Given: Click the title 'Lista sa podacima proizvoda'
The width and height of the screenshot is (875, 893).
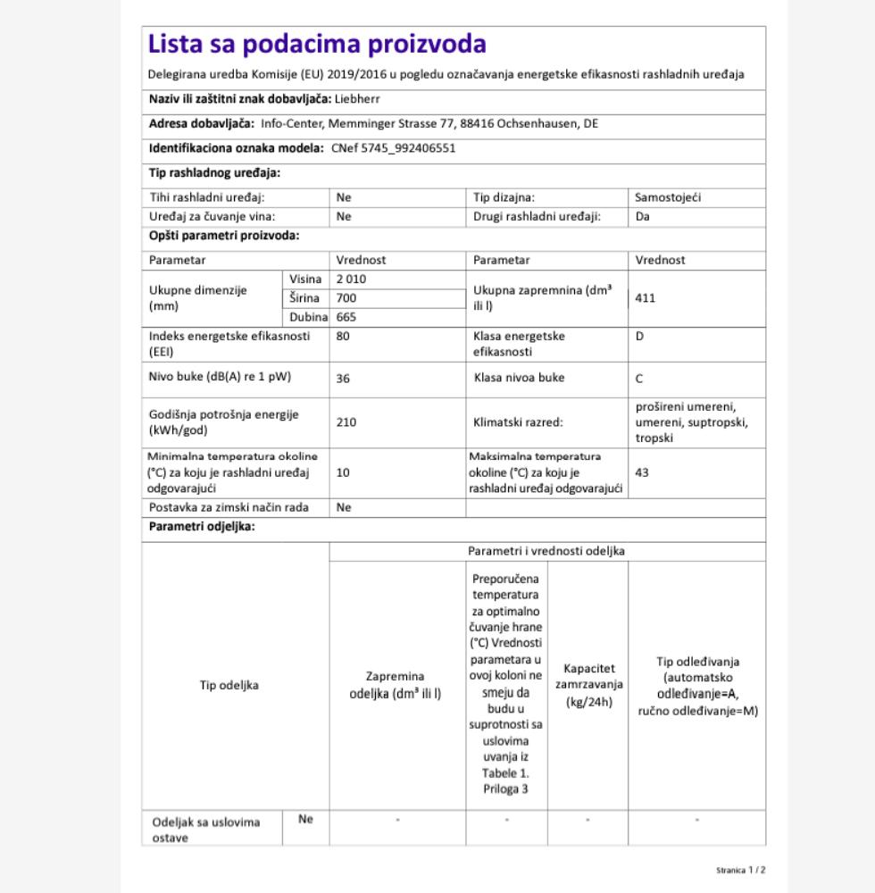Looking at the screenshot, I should (317, 44).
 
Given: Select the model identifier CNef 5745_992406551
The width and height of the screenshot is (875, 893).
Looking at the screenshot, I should (393, 148).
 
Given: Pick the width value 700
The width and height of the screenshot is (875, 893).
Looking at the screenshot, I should (346, 298).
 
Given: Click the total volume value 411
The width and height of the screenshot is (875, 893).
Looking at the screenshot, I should (645, 298).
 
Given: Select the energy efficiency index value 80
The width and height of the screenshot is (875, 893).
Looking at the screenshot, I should (344, 337).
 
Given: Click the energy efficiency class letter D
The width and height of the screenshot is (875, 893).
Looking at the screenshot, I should (639, 337).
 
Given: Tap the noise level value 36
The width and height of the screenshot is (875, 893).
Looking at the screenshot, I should (344, 379).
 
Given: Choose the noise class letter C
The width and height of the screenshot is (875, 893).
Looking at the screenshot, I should (639, 379).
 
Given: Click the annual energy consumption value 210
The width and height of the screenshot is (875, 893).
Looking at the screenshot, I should (346, 422).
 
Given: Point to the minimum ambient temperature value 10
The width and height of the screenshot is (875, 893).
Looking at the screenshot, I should (344, 472).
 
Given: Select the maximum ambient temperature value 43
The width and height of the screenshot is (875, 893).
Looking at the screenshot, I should (642, 472).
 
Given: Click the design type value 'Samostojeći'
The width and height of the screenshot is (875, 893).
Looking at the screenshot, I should (668, 197).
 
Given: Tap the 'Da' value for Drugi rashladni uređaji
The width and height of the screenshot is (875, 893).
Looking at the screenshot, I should (643, 216).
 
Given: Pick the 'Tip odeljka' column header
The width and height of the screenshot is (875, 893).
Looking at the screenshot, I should (229, 685).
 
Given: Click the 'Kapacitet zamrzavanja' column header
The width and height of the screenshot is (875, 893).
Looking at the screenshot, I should (587, 685).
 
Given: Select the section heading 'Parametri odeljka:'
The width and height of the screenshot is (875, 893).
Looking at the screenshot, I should (202, 527).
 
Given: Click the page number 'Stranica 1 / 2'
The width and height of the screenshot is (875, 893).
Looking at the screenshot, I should (740, 870).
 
